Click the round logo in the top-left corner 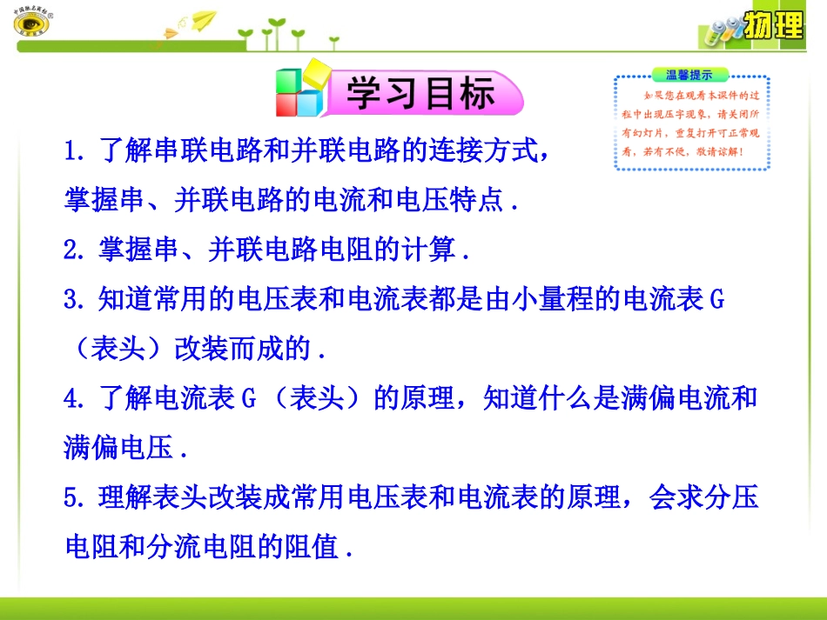(33, 23)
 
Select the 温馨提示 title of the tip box (689, 75)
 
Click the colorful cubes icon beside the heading (299, 90)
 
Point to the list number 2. (73, 251)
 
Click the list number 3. (73, 301)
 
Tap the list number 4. (73, 399)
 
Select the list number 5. (73, 498)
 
